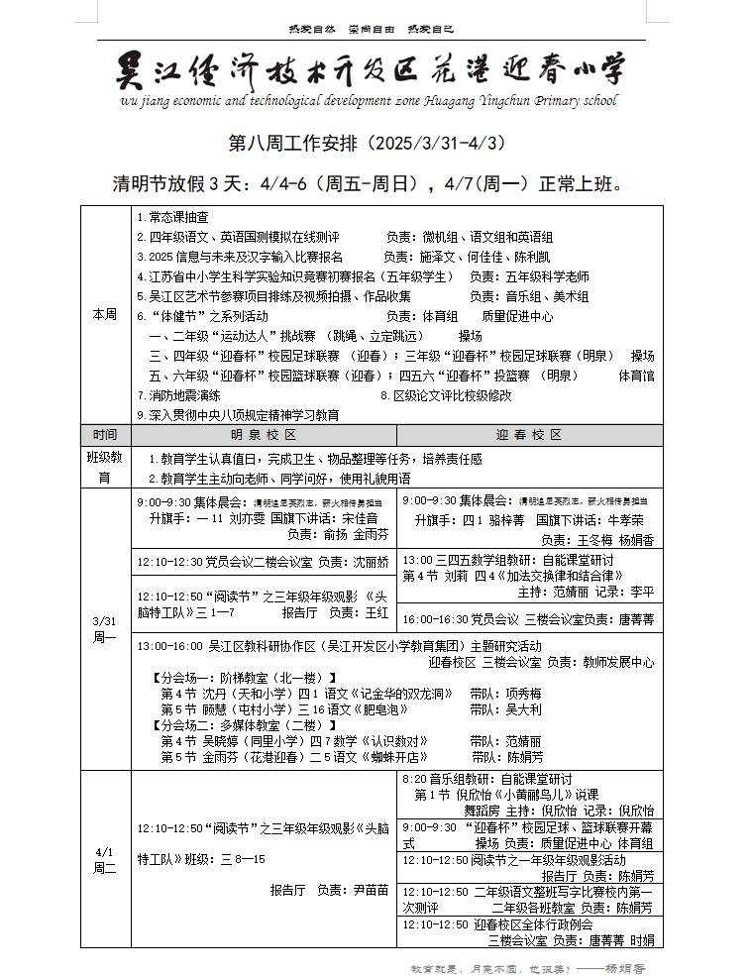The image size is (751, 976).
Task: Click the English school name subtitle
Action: [x=368, y=100]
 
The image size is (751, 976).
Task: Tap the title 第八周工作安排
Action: [x=368, y=144]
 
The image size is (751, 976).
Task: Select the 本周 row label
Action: [x=105, y=314]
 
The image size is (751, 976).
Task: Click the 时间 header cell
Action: [x=105, y=435]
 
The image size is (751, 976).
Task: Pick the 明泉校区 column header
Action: [x=264, y=435]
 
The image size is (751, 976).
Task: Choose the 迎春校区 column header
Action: [x=529, y=435]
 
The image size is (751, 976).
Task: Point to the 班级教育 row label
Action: [x=105, y=468]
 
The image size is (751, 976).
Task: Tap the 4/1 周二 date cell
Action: [x=105, y=859]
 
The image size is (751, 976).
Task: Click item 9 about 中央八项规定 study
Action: [x=238, y=415]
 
